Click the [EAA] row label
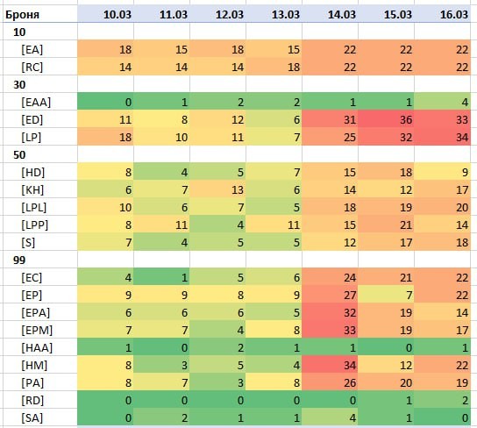point(36,102)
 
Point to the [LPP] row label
point(35,225)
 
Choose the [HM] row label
point(34,365)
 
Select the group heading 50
point(19,155)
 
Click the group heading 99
point(19,260)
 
